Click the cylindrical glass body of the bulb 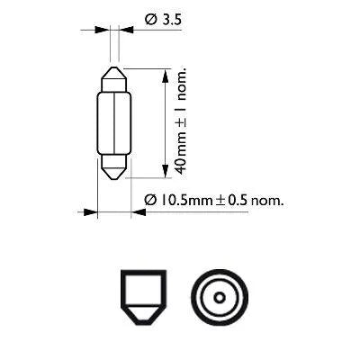pos(114,121)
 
